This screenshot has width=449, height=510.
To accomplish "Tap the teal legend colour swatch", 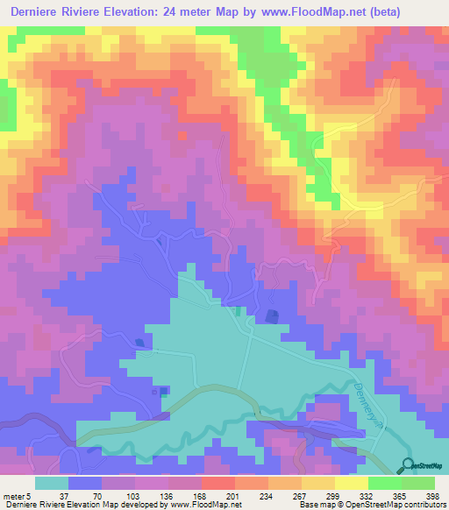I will click(x=52, y=484).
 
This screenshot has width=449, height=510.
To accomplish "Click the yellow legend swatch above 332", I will click(x=353, y=484).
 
